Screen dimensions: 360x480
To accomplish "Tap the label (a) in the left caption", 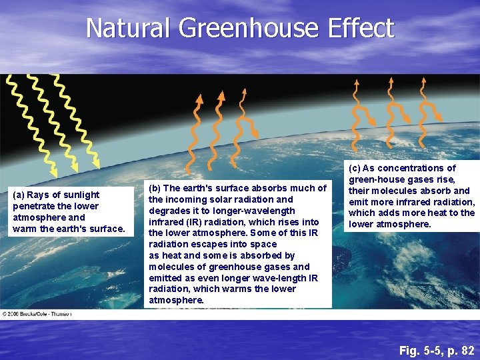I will click(19, 195).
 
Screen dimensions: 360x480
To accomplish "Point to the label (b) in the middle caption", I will click(155, 188).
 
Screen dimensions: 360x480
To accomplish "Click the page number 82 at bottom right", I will click(467, 350).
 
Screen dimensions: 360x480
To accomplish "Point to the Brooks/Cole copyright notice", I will click(37, 313).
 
